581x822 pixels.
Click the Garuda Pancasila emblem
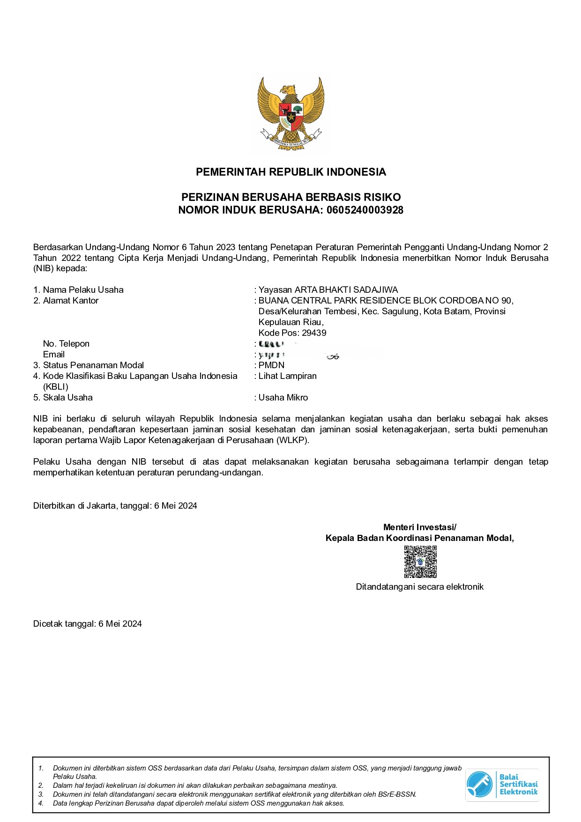click(290, 113)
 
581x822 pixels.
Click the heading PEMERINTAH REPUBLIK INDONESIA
click(290, 172)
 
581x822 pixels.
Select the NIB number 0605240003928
click(365, 210)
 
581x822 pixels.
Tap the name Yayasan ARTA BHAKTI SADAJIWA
click(328, 290)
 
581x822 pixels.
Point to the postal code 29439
click(314, 333)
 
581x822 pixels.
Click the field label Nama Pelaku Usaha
click(83, 290)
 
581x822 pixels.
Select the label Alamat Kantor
click(70, 301)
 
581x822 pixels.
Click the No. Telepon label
click(66, 344)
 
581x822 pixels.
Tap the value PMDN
click(271, 365)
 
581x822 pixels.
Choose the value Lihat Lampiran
click(287, 376)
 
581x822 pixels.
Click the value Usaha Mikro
click(283, 398)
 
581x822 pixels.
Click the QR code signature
click(420, 562)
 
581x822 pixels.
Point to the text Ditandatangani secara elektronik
click(419, 587)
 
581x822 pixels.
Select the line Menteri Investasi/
click(419, 527)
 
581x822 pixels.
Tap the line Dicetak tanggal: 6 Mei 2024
click(88, 624)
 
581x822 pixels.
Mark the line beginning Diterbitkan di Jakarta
click(115, 506)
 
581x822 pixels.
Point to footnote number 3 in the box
click(41, 794)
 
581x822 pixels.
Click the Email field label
click(54, 355)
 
